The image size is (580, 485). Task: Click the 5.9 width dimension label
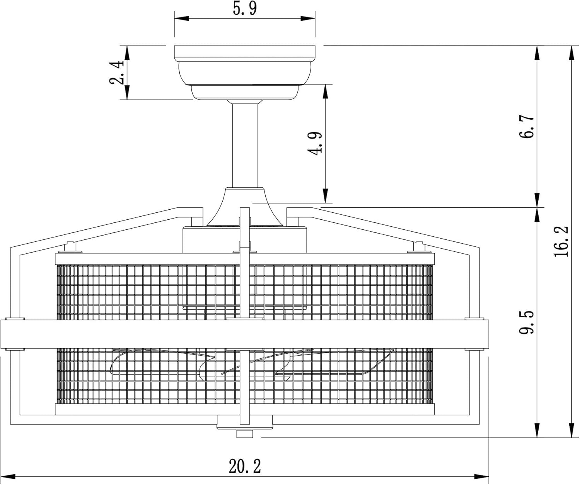245,9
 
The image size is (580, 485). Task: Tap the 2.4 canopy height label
116,72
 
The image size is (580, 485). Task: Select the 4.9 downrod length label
315,143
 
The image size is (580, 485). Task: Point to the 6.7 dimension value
526,126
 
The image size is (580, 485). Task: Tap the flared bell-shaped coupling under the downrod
245,206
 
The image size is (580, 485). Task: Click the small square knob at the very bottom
245,434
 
